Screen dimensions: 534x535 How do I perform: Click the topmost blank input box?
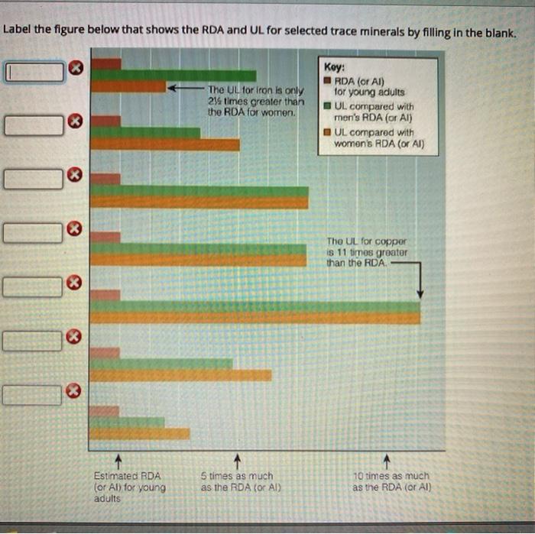34,72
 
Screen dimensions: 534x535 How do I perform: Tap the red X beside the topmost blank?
75,71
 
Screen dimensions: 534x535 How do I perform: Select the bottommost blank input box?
32,395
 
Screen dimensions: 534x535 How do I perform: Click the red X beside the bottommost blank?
73,392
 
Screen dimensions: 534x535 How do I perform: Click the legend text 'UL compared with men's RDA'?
374,112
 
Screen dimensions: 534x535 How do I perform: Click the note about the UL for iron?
255,101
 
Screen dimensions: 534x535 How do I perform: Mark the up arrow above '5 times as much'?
238,460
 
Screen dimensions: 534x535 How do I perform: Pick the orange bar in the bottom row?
139,433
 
